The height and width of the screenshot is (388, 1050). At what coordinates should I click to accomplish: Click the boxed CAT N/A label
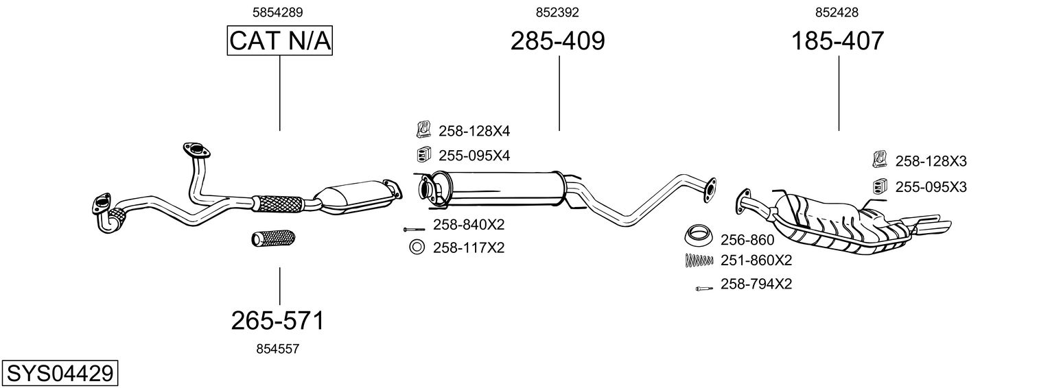click(280, 41)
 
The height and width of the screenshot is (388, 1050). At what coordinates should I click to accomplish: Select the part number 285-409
click(557, 41)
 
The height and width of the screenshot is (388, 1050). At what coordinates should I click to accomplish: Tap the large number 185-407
click(838, 41)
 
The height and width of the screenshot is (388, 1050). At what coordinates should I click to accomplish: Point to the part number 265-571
click(277, 320)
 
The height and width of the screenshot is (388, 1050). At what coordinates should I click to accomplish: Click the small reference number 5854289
click(278, 12)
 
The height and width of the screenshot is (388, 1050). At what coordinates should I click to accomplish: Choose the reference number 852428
click(837, 12)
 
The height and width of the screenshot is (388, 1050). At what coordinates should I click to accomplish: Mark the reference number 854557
click(277, 349)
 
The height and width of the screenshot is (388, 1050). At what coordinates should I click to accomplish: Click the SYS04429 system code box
click(59, 374)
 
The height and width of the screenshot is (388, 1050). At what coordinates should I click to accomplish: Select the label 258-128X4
click(474, 131)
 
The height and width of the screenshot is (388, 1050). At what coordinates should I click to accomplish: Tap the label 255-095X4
click(474, 156)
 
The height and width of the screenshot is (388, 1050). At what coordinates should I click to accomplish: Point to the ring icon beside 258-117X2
click(417, 247)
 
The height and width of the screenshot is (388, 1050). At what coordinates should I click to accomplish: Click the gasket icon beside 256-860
click(698, 236)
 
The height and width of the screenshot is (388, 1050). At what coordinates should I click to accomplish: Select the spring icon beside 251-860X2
click(698, 260)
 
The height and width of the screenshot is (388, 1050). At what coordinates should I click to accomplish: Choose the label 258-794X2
click(756, 284)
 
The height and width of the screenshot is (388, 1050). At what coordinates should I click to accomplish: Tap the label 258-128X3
click(931, 161)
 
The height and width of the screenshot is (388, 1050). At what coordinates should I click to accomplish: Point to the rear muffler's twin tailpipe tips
click(933, 224)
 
